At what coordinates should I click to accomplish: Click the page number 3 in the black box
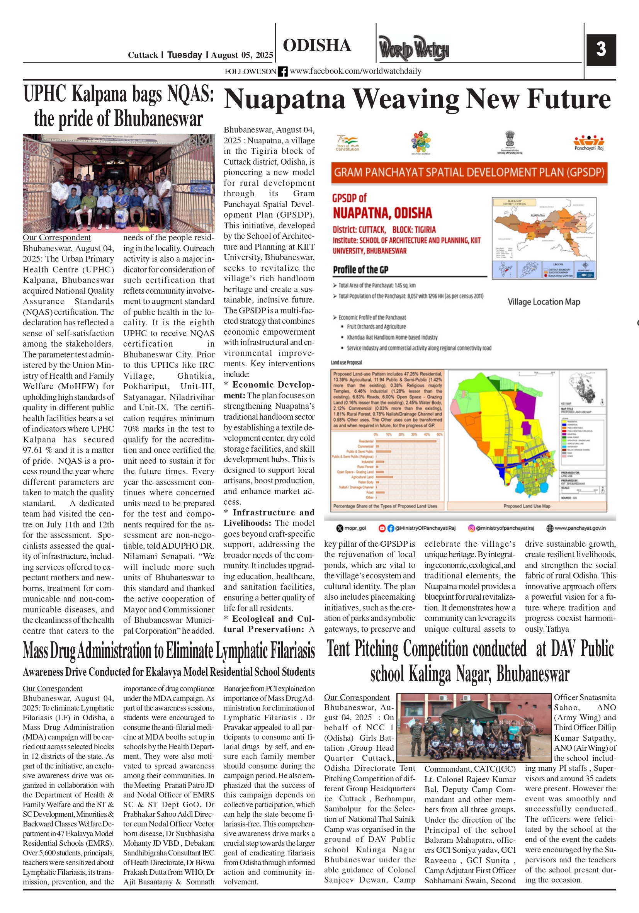[x=601, y=49]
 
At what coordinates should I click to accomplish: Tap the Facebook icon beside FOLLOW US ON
[x=282, y=71]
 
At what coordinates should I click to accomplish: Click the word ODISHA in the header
[x=316, y=45]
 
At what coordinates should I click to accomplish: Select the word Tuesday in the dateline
[x=185, y=55]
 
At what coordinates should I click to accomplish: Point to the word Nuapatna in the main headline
[x=284, y=99]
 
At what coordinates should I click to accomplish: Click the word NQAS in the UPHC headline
[x=191, y=94]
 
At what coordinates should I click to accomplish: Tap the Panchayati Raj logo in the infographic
[x=588, y=142]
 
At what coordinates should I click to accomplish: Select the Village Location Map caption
[x=544, y=302]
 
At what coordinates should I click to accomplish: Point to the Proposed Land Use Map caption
[x=527, y=506]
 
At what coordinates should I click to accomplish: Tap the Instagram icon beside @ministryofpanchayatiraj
[x=471, y=528]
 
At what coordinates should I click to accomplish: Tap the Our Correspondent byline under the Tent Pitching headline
[x=356, y=697]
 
